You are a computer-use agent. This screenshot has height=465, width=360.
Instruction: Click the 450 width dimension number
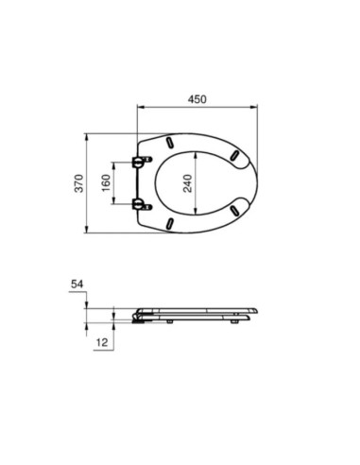coord(197,99)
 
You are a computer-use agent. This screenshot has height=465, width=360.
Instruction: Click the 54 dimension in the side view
coord(77,284)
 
